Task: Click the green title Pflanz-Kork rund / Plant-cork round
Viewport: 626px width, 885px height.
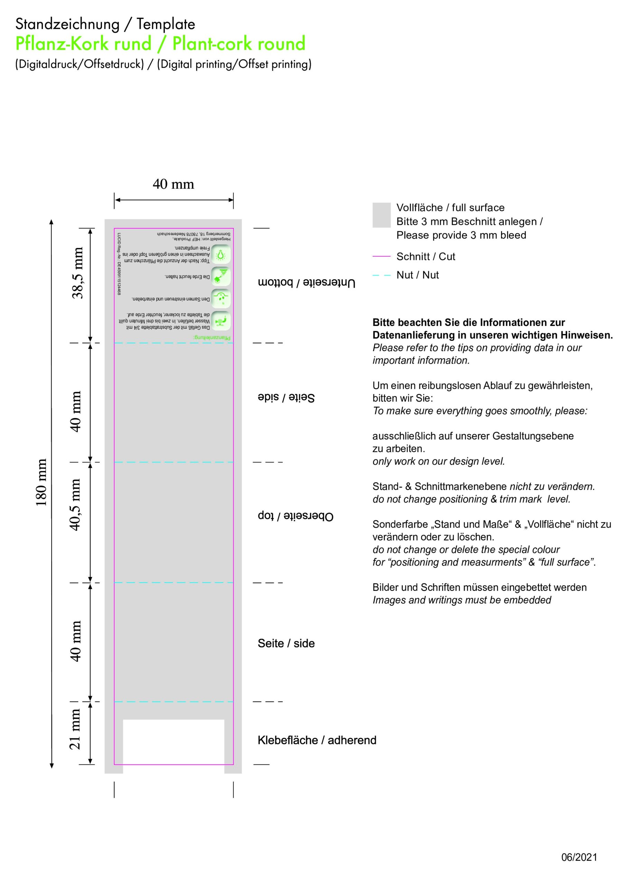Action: (x=160, y=44)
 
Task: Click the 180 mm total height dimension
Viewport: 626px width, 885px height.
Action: (x=41, y=482)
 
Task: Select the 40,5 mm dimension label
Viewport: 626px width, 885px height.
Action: (x=75, y=505)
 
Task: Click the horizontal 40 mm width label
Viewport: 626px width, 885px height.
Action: (x=173, y=184)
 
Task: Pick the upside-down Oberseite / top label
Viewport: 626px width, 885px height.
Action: (x=295, y=516)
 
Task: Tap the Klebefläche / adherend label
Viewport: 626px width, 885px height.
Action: (x=317, y=740)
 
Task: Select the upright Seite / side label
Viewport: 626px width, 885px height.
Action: (x=286, y=643)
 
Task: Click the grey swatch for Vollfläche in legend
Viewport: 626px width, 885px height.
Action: (x=381, y=215)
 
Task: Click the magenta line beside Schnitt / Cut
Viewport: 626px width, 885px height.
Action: (x=381, y=256)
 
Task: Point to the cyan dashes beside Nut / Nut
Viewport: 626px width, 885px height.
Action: (x=381, y=275)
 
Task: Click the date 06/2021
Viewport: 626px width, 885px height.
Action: (x=579, y=857)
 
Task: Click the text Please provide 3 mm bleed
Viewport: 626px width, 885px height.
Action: (x=461, y=235)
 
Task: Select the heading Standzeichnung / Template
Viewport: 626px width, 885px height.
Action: (x=105, y=24)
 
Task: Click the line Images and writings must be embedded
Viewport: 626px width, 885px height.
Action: (x=461, y=600)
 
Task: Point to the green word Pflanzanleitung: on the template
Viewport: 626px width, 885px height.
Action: (x=212, y=338)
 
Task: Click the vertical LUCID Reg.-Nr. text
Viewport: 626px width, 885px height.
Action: (x=119, y=264)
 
